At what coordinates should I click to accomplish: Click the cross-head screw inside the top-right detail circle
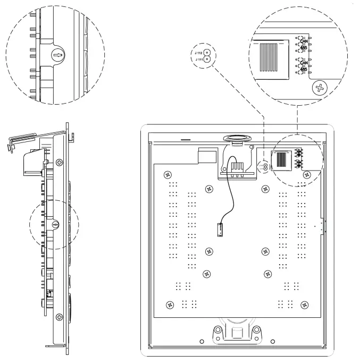pos(320,88)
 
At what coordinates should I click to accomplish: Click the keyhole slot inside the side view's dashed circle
pos(55,224)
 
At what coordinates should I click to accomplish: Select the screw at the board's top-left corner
pos(168,174)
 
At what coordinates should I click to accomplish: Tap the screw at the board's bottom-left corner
pos(170,304)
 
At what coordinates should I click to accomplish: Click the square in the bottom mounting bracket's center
pos(236,334)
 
